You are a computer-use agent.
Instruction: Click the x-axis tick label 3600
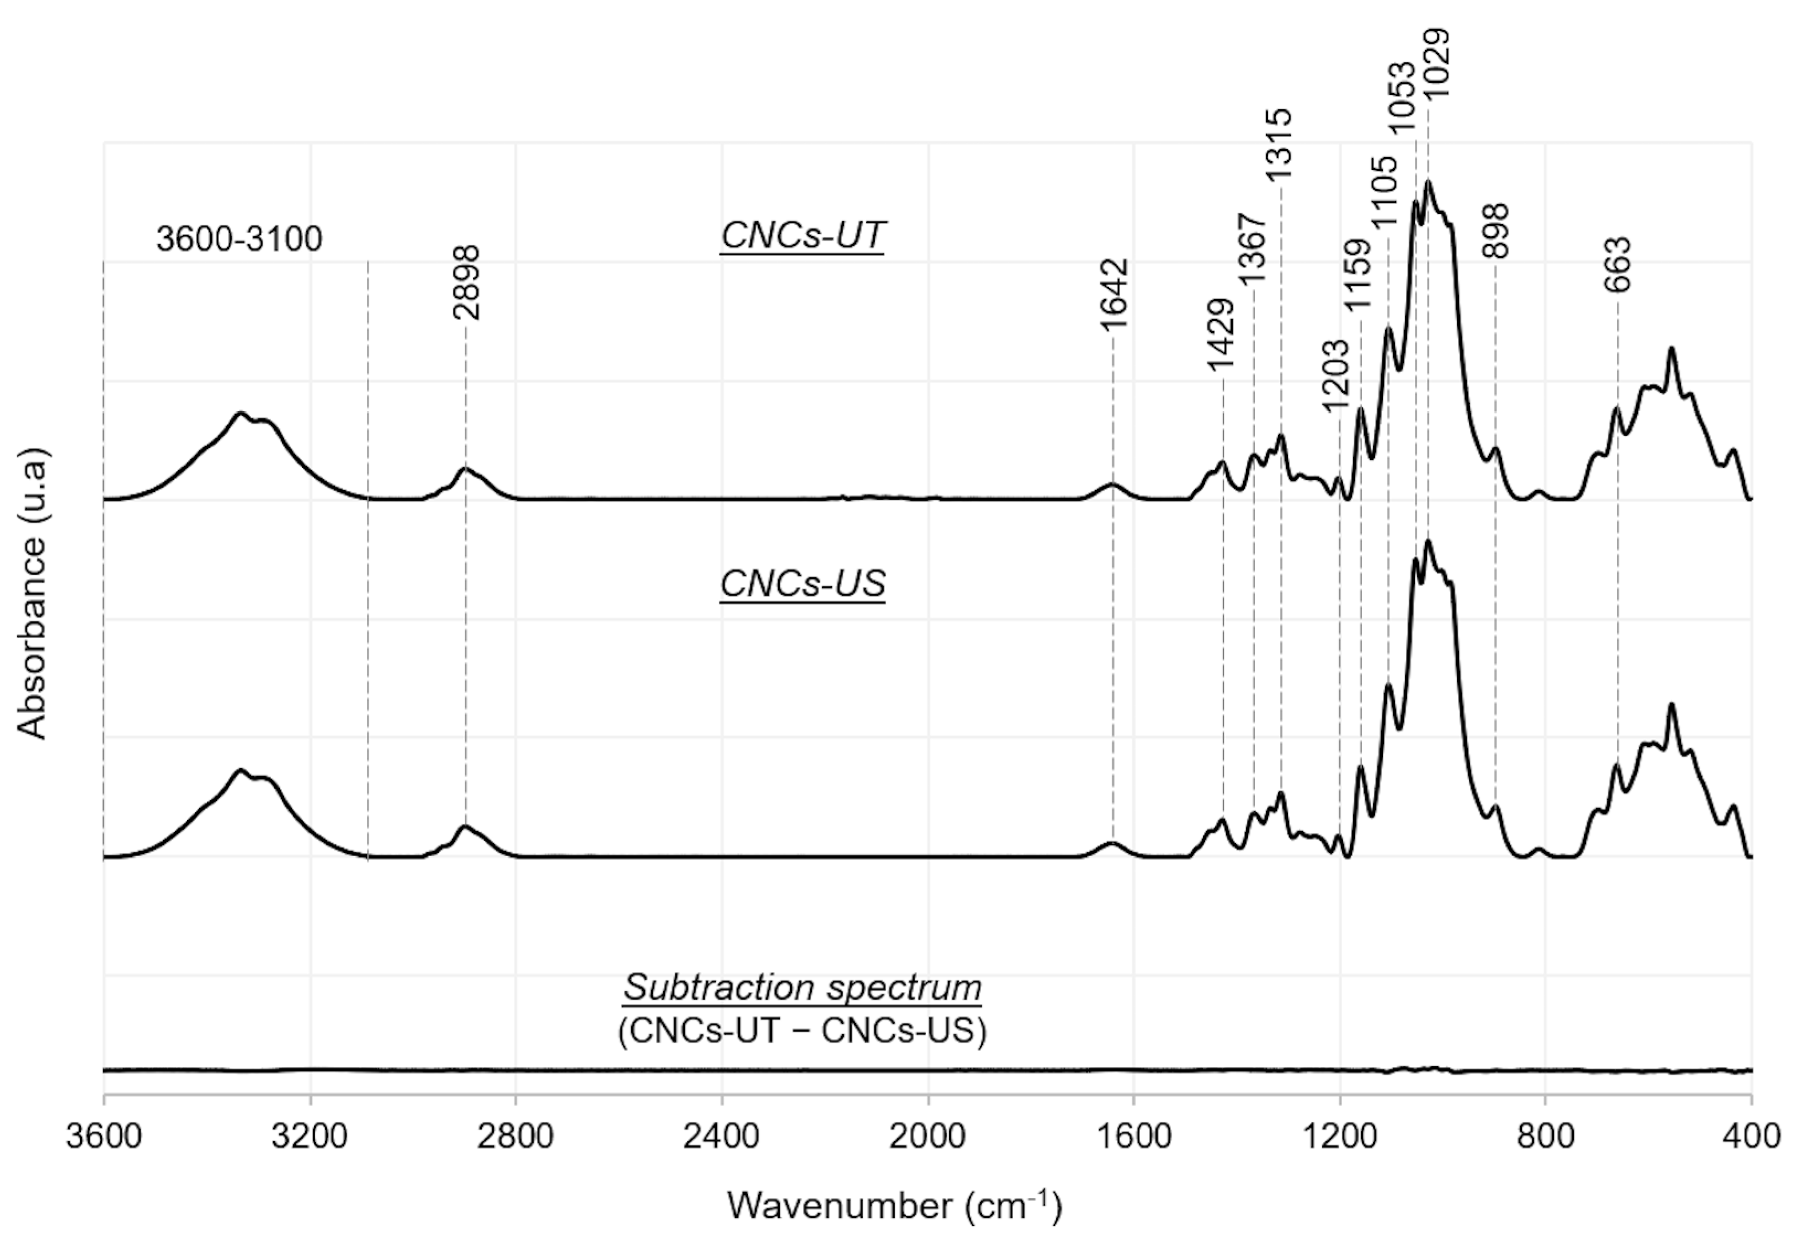pos(103,1136)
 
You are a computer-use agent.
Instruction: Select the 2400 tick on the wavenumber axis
pos(721,1136)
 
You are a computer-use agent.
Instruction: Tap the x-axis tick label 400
pos(1750,1136)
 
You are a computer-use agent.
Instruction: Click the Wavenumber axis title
pos(894,1205)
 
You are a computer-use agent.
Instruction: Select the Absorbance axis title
pos(33,593)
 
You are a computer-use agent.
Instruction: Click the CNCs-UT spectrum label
pos(803,235)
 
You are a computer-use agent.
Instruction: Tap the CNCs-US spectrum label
pos(803,583)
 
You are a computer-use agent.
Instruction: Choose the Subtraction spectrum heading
pos(803,987)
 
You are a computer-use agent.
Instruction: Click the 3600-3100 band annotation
pos(239,239)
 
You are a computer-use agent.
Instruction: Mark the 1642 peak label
pos(1115,295)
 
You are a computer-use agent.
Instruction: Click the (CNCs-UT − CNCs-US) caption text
pos(803,1031)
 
